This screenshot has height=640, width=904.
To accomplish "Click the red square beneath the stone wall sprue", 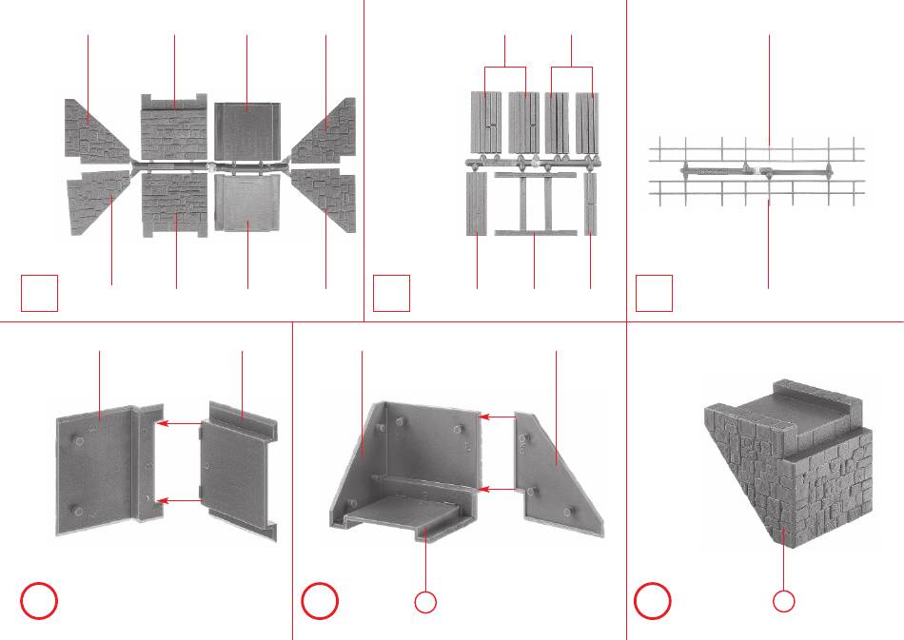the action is point(40,293).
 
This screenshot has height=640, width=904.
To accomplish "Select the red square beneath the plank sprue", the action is point(391,293).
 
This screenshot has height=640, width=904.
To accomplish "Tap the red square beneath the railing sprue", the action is point(654,293).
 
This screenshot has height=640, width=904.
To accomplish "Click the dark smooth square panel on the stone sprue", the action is point(246,129).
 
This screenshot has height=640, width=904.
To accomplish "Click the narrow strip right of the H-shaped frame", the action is point(591,203).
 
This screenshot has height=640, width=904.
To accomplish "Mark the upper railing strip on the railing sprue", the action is point(757,149).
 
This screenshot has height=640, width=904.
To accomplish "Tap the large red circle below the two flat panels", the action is point(40,601).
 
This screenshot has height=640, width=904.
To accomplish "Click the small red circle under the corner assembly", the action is point(425,601).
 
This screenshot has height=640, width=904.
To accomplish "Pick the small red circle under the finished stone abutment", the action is point(782,601).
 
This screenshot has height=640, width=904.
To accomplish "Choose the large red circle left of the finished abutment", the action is point(654,601).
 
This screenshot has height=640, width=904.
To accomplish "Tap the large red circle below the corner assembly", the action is point(321,601).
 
